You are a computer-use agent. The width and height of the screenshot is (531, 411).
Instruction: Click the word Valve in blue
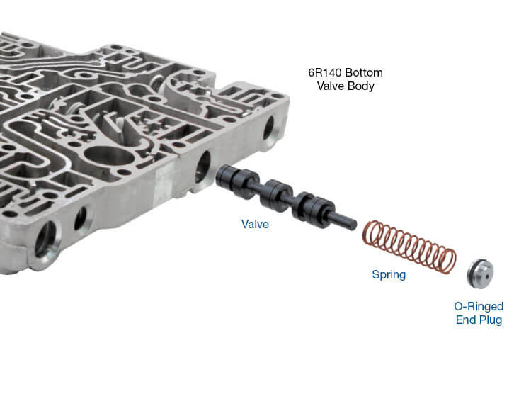(x=255, y=224)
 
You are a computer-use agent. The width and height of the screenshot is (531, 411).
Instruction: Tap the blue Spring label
(x=389, y=274)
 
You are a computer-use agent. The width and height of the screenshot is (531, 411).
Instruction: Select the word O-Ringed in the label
(x=479, y=306)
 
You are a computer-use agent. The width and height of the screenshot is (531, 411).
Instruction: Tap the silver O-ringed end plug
(x=480, y=274)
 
